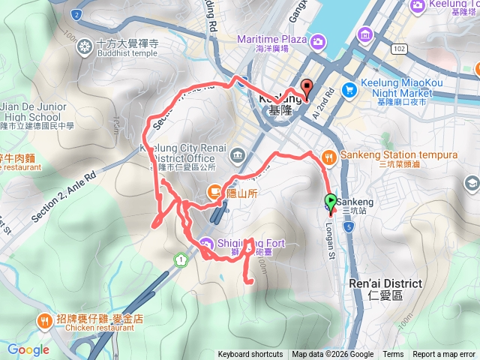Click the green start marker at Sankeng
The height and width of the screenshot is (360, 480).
point(330,202)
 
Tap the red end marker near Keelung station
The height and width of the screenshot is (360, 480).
point(306,87)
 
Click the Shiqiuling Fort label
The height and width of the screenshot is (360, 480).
point(248,241)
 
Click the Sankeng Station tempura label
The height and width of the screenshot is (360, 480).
point(390,155)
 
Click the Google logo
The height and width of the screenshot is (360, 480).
point(28,349)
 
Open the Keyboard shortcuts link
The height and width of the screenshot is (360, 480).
point(250,355)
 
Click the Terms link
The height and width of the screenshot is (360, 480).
point(393,355)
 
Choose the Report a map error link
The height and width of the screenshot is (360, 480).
point(444,355)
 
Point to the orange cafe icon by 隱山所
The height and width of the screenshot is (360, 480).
point(213,192)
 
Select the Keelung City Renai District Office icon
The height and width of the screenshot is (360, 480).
point(238,155)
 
